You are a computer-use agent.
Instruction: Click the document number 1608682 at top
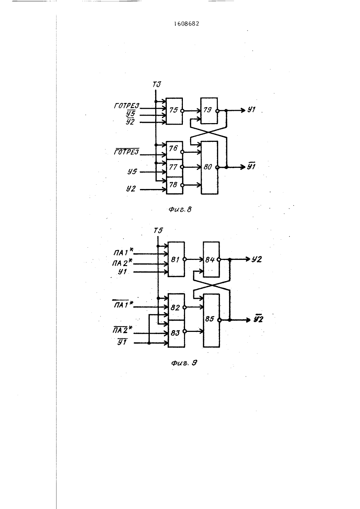click(x=186, y=24)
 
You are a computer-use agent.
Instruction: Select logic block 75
click(x=174, y=111)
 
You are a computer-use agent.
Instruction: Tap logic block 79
click(x=209, y=111)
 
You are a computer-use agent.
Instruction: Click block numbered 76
click(x=174, y=150)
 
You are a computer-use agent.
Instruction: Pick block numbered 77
click(x=174, y=168)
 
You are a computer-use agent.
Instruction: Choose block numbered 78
click(x=174, y=185)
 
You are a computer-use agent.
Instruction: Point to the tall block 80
click(x=210, y=167)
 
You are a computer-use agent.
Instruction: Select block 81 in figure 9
click(x=176, y=259)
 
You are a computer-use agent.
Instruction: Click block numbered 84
click(x=211, y=259)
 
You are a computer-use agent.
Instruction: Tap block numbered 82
click(x=176, y=307)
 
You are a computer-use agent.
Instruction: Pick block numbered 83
click(x=176, y=334)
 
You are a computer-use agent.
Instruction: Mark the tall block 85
click(x=212, y=320)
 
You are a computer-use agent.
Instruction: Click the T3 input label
click(x=157, y=85)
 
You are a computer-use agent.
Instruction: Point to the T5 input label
click(x=158, y=231)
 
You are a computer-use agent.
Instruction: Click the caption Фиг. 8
click(x=180, y=209)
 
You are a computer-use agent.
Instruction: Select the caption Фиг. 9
click(x=184, y=363)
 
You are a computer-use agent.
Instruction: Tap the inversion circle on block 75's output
click(x=182, y=111)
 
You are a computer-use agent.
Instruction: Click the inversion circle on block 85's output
click(x=219, y=320)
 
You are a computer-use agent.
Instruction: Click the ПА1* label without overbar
click(x=123, y=252)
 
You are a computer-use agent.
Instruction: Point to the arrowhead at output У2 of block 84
click(x=248, y=259)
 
